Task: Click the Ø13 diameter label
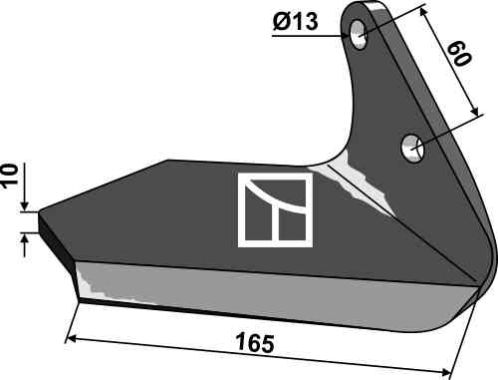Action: pos(295,22)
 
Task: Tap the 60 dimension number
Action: pos(459,54)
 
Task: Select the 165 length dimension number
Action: pos(255,343)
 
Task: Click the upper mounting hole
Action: pos(358,34)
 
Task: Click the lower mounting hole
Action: pos(412,149)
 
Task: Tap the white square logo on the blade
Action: pos(276,210)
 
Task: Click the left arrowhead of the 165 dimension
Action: pos(71,339)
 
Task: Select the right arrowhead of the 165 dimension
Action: pos(445,371)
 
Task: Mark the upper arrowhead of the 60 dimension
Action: pos(423,12)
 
